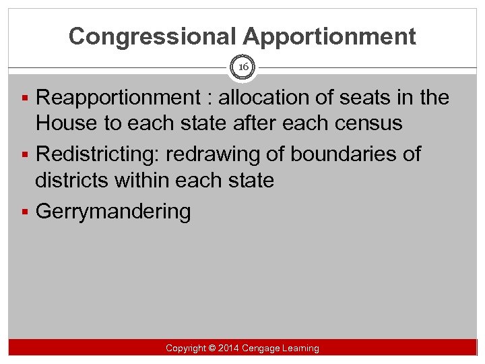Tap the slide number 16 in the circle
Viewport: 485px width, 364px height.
tap(243, 67)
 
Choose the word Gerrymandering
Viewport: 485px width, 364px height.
tap(113, 212)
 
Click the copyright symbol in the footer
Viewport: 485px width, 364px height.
tap(212, 348)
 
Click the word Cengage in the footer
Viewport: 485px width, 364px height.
tap(265, 348)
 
